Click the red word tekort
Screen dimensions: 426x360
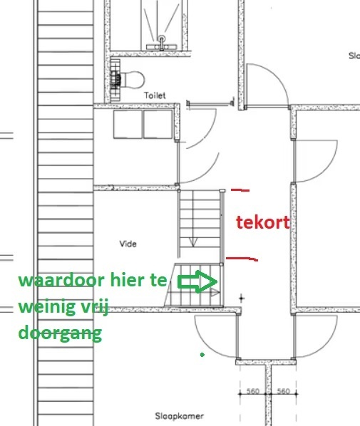click(263, 222)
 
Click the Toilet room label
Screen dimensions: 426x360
click(154, 95)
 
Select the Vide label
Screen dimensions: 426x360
click(128, 244)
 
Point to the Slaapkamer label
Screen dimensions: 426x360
click(180, 416)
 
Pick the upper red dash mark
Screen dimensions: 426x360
click(241, 190)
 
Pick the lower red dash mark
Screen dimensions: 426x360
click(242, 258)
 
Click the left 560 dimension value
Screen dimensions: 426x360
click(252, 391)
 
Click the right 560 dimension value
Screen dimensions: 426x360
click(282, 391)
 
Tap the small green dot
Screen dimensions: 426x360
click(202, 353)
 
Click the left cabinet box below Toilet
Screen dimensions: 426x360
click(128, 124)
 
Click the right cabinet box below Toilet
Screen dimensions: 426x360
click(158, 124)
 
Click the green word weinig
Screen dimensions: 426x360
click(47, 308)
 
